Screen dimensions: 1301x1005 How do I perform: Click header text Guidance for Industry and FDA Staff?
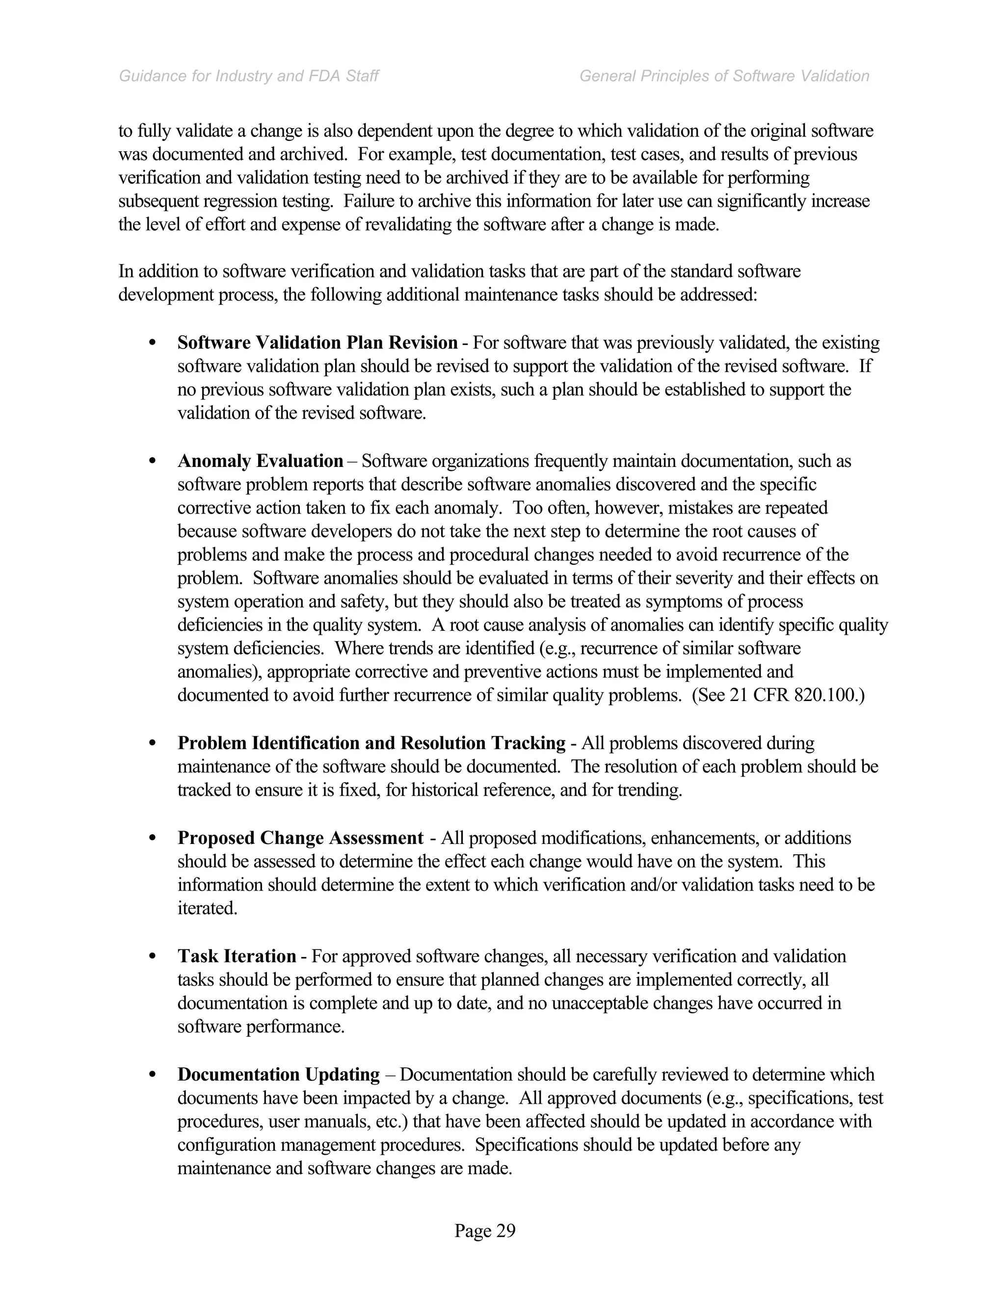[x=249, y=76]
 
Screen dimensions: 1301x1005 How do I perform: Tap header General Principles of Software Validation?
[x=724, y=76]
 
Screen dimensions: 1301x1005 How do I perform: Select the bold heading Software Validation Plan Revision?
[x=317, y=343]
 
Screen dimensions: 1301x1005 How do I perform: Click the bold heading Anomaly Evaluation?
[x=260, y=461]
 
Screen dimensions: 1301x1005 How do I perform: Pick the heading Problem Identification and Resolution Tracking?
[x=371, y=743]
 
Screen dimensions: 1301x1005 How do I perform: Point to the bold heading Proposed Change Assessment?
[x=300, y=838]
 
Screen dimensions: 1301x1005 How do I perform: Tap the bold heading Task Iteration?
[x=237, y=956]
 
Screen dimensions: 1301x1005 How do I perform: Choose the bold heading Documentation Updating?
[x=279, y=1075]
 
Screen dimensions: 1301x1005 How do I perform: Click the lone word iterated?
[x=207, y=908]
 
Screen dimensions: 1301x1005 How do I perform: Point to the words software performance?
[x=260, y=1027]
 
